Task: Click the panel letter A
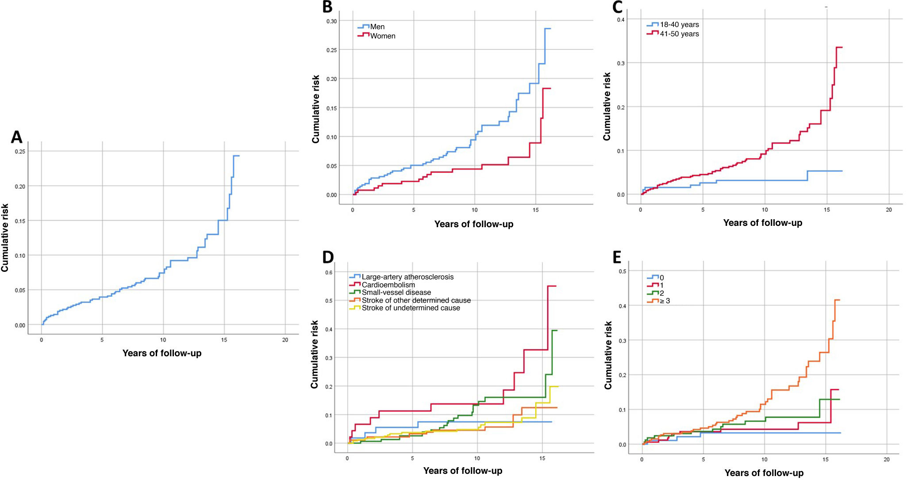point(16,137)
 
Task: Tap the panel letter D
point(328,257)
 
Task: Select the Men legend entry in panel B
point(377,27)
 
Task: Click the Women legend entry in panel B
point(382,36)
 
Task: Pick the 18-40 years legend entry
point(679,25)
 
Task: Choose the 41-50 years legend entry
point(679,34)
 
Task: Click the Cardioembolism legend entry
point(388,285)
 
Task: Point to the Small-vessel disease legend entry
point(396,293)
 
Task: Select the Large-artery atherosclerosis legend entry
point(407,277)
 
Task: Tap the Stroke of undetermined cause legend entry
point(411,308)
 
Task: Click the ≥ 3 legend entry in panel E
point(665,301)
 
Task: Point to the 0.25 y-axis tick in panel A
point(20,152)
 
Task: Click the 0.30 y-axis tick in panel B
point(331,21)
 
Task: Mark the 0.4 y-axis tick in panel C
point(621,20)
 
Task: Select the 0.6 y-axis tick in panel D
point(329,273)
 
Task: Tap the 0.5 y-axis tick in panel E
point(622,271)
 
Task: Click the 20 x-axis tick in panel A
point(285,340)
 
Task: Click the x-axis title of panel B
point(473,224)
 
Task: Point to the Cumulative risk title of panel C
point(607,107)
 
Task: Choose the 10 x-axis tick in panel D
point(477,458)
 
